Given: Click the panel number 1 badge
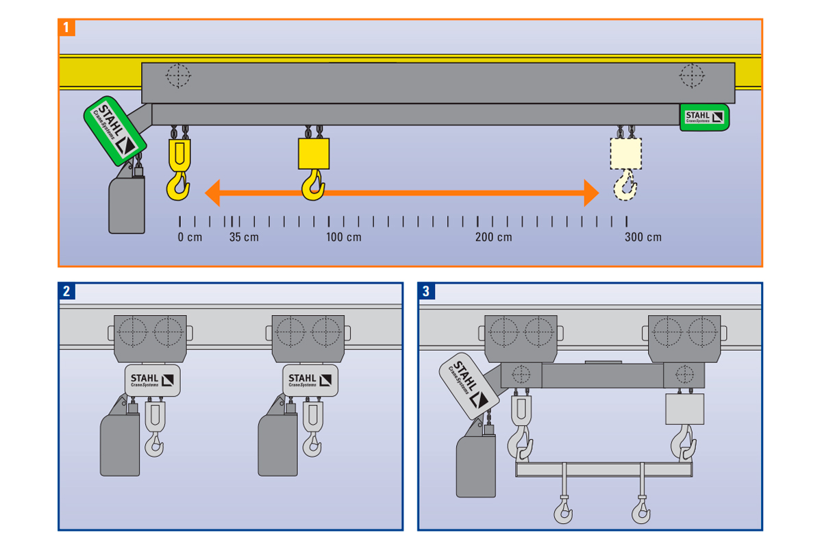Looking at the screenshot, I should tap(66, 28).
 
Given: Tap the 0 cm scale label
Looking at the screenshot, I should tap(190, 238).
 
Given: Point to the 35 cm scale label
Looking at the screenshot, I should tap(244, 238).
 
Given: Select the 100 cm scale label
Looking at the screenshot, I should tap(343, 238).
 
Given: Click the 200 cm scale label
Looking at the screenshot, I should tap(493, 238).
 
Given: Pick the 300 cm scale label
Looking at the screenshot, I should tap(643, 238).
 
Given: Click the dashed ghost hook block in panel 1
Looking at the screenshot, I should tap(625, 154).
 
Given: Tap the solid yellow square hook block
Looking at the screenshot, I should tap(314, 154).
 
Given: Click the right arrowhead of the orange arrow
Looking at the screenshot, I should tap(590, 193).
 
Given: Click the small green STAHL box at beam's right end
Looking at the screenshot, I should tap(704, 116).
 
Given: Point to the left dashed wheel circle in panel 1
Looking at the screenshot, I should tap(178, 75).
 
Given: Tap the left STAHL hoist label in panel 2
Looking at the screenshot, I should tap(151, 380).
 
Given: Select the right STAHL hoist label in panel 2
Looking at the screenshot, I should tap(310, 380).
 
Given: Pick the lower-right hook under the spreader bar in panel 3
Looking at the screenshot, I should tap(641, 510).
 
